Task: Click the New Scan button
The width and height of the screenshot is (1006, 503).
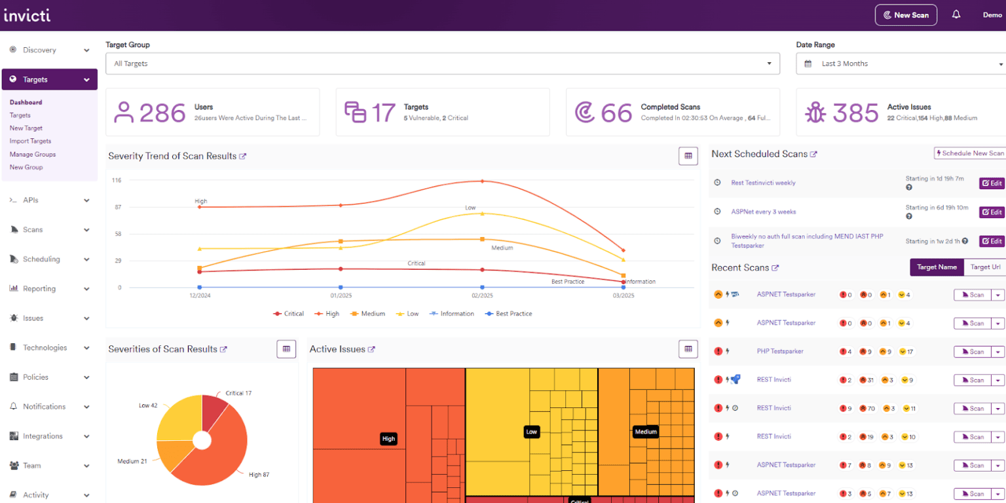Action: [x=906, y=15]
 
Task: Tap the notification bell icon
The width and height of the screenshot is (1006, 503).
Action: [x=956, y=14]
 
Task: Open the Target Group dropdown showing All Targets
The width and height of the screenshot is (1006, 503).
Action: [x=442, y=64]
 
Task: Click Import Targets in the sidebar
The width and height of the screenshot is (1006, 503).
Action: [x=30, y=141]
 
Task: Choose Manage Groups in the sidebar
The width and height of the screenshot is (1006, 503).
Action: [x=33, y=154]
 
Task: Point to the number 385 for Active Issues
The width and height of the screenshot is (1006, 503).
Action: [x=855, y=113]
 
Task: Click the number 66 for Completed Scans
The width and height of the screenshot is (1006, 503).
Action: [x=616, y=113]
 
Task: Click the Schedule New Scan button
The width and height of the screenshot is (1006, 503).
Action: [x=969, y=153]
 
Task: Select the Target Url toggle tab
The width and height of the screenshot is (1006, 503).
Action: [x=985, y=267]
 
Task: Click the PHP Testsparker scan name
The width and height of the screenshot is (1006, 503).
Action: [x=779, y=351]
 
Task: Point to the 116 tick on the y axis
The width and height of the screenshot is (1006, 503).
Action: [x=116, y=180]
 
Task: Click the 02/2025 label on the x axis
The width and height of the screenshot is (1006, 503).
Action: [x=482, y=296]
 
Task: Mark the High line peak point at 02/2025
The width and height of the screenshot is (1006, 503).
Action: [x=483, y=181]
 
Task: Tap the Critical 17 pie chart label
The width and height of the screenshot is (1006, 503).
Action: [x=238, y=393]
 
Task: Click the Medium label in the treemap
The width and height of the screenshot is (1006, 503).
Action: [x=646, y=432]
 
